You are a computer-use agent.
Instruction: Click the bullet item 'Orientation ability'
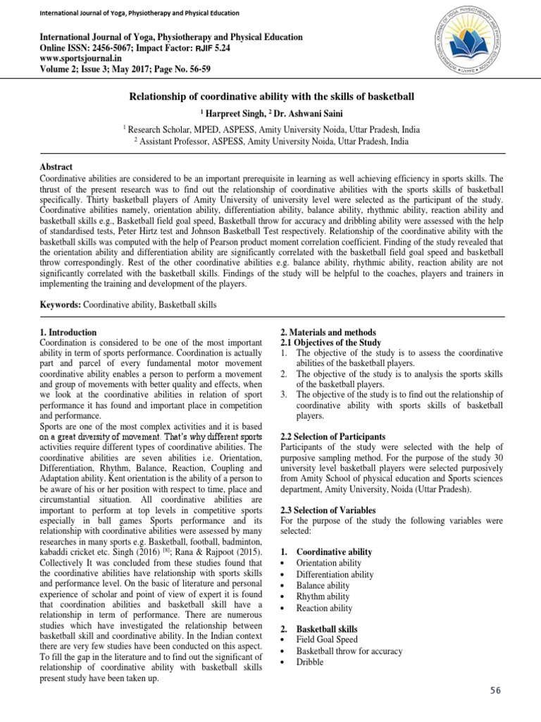click(x=328, y=563)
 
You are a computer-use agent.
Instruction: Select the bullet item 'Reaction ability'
click(x=324, y=608)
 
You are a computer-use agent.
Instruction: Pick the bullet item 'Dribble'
click(x=311, y=663)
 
